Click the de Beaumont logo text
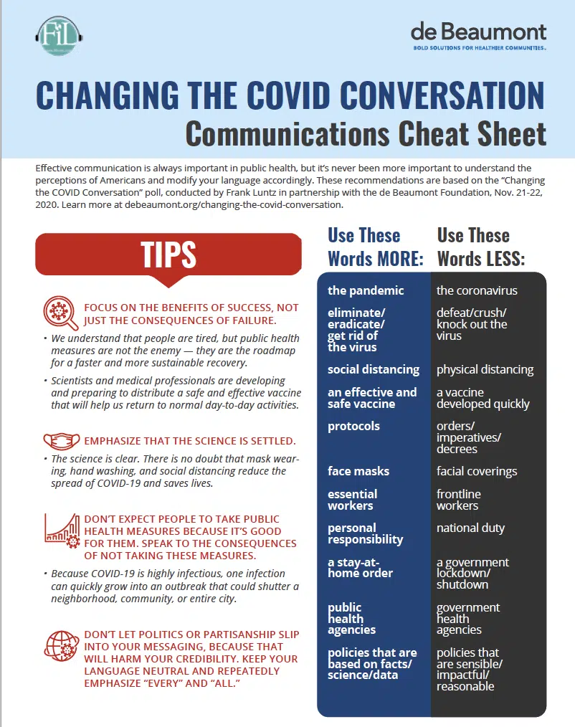(x=478, y=32)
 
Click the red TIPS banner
(x=168, y=255)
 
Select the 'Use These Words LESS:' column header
(x=481, y=247)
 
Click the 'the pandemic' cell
(x=366, y=290)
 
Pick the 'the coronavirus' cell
(x=477, y=290)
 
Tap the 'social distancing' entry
(x=374, y=369)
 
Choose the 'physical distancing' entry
(x=485, y=369)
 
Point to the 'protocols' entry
(x=353, y=426)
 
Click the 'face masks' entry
(x=358, y=471)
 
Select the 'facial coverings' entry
(x=477, y=471)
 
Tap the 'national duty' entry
(x=470, y=528)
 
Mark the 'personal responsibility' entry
(x=365, y=533)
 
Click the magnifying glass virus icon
(x=61, y=313)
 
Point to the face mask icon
(x=61, y=440)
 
